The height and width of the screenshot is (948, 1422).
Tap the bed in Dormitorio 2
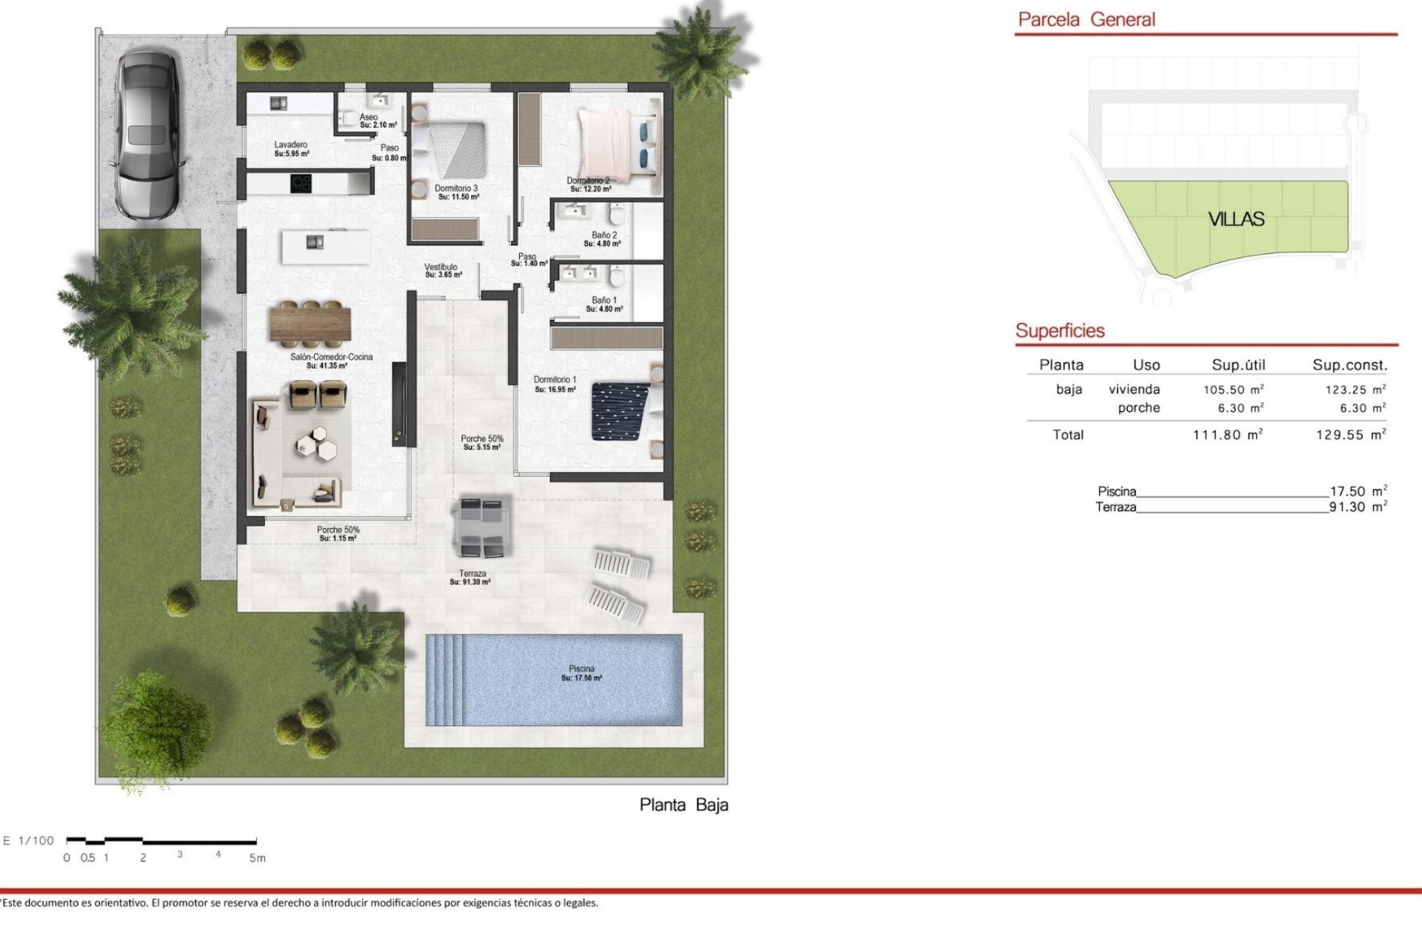tap(615, 144)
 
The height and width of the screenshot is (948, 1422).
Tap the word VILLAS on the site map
tap(1236, 219)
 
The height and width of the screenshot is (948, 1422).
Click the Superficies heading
tap(1060, 331)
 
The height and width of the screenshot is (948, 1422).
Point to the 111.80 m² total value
tap(1227, 435)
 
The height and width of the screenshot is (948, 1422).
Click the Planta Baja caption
tap(684, 805)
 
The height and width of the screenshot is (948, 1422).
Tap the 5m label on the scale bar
tap(256, 858)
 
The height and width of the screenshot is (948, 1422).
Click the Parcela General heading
tap(1086, 20)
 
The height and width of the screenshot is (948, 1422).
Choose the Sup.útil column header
tap(1238, 365)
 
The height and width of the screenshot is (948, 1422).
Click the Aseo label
tap(369, 117)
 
